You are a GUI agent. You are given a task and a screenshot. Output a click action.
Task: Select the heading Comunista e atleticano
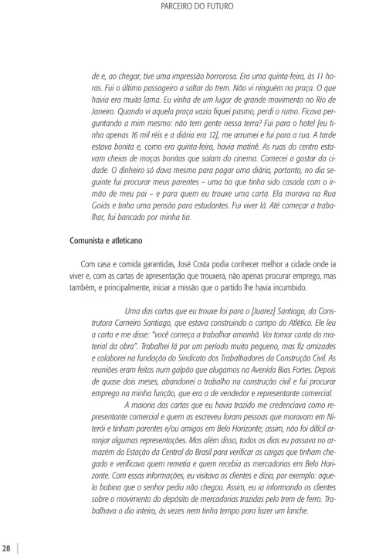point(107,241)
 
